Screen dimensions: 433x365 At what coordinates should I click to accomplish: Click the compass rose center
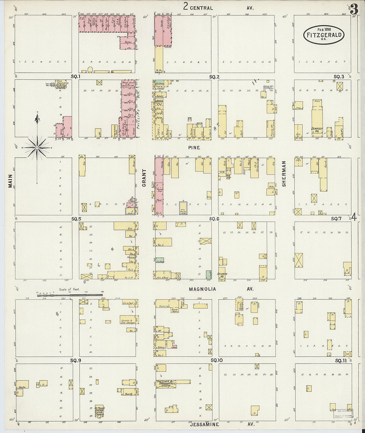click(x=37, y=147)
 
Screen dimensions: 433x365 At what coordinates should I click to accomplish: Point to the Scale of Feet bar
click(x=70, y=294)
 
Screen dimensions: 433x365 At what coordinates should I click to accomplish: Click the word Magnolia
click(x=202, y=289)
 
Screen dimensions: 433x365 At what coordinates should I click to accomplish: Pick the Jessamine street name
click(x=204, y=424)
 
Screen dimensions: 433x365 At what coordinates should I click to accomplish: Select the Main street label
click(x=10, y=181)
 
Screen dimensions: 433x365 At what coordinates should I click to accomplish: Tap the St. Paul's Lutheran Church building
click(x=100, y=410)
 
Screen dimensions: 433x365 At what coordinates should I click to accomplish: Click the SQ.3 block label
click(x=338, y=77)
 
